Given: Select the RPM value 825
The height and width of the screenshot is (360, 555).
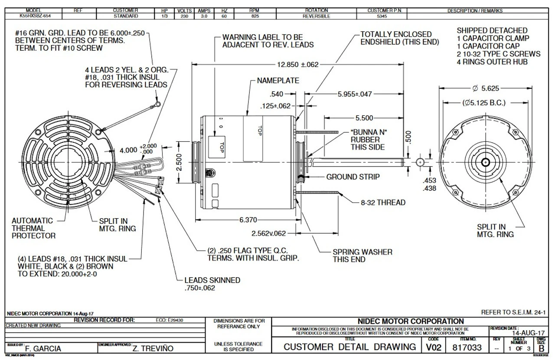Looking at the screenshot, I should [x=255, y=16].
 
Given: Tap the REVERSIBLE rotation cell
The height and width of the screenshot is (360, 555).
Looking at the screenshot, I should [x=317, y=16].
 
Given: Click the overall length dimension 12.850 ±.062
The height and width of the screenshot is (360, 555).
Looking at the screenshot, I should [x=297, y=65].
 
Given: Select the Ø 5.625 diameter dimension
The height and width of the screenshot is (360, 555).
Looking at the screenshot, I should [x=486, y=88].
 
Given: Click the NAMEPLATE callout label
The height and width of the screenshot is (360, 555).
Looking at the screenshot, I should [x=278, y=81].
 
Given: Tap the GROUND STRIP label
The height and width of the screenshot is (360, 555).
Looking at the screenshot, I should [x=353, y=177].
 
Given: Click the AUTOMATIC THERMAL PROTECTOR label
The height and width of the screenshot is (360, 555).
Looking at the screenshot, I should [x=33, y=228].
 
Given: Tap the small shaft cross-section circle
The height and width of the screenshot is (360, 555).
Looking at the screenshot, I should [x=420, y=162].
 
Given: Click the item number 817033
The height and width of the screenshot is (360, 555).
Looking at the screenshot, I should [x=467, y=347].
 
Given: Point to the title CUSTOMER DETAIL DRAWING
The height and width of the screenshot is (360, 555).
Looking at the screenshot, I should [x=350, y=347].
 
